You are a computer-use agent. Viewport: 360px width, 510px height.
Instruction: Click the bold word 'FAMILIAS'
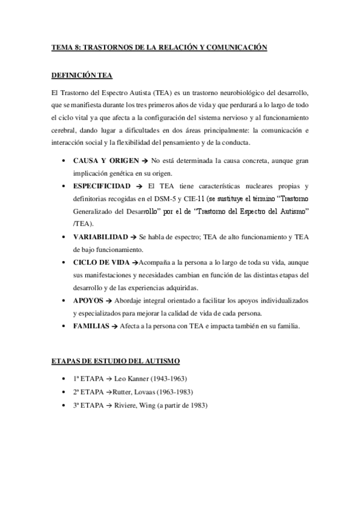click(x=91, y=326)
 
